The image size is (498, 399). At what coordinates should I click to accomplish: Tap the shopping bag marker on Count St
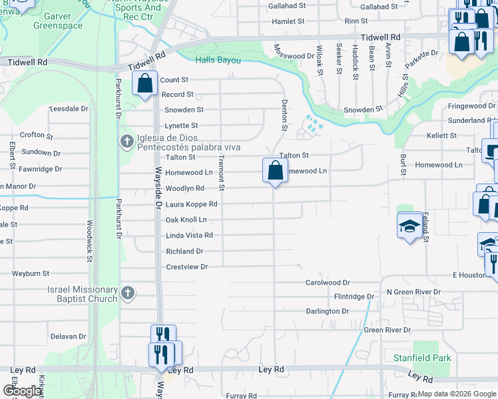pyautogui.click(x=144, y=84)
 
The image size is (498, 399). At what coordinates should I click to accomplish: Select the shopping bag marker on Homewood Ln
pyautogui.click(x=275, y=171)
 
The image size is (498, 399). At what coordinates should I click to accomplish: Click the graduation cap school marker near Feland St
pyautogui.click(x=409, y=226)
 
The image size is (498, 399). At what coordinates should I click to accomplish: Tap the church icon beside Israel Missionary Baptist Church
pyautogui.click(x=128, y=292)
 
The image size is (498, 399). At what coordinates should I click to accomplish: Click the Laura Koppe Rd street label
pyautogui.click(x=191, y=204)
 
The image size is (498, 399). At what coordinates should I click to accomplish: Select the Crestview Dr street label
pyautogui.click(x=186, y=267)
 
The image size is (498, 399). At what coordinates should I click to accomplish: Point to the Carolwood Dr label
pyautogui.click(x=328, y=282)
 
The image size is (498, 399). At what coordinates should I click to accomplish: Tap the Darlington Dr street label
pyautogui.click(x=327, y=311)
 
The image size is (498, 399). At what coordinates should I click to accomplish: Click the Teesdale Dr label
pyautogui.click(x=69, y=108)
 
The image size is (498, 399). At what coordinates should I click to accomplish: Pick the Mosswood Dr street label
pyautogui.click(x=294, y=57)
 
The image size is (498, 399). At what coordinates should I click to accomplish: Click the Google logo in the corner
pyautogui.click(x=21, y=392)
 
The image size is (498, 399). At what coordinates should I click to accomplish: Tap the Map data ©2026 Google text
pyautogui.click(x=455, y=394)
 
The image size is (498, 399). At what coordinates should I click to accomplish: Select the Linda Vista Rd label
pyautogui.click(x=189, y=235)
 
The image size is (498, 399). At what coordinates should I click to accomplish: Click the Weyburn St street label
pyautogui.click(x=31, y=273)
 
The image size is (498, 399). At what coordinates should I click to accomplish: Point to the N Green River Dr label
pyautogui.click(x=410, y=292)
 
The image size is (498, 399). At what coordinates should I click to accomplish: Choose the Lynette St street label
pyautogui.click(x=181, y=126)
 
